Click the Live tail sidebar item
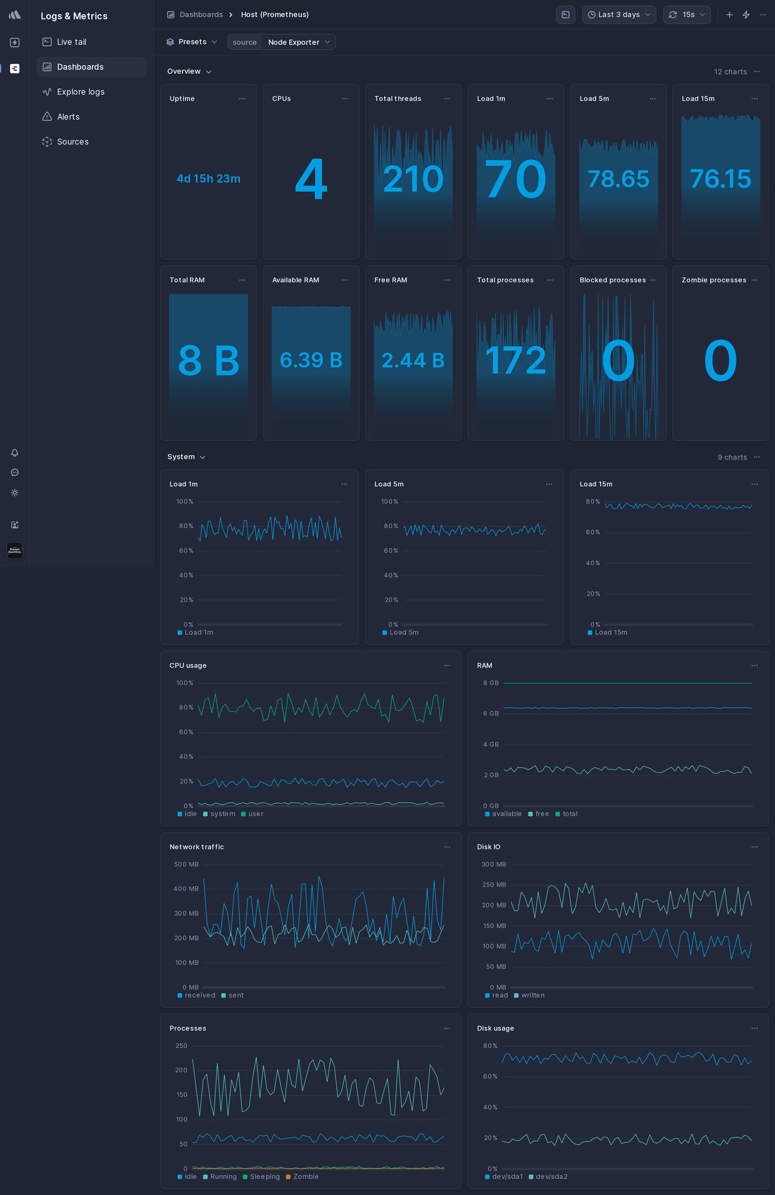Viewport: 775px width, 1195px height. (71, 42)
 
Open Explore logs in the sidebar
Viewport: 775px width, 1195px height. (80, 92)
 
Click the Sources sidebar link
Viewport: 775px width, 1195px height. (72, 142)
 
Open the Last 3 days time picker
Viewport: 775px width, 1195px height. (619, 15)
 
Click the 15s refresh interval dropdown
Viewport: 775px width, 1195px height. (687, 15)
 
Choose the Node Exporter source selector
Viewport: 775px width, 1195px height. (298, 42)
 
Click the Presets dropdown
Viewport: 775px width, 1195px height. (192, 42)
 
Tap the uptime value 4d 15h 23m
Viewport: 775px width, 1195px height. (208, 178)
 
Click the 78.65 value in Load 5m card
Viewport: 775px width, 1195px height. (618, 179)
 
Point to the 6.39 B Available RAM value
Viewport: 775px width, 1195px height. (311, 360)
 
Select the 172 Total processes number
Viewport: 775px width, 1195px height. (515, 361)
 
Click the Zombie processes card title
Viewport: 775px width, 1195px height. (714, 280)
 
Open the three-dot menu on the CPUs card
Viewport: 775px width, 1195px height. (345, 99)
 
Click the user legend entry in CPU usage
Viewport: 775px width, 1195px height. (255, 814)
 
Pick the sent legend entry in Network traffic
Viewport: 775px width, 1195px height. (236, 995)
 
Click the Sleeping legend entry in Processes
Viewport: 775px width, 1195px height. (264, 1177)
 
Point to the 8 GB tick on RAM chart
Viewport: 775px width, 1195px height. (491, 683)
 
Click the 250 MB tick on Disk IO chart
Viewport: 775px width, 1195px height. (494, 885)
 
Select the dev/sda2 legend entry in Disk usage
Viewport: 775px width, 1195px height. (551, 1177)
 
